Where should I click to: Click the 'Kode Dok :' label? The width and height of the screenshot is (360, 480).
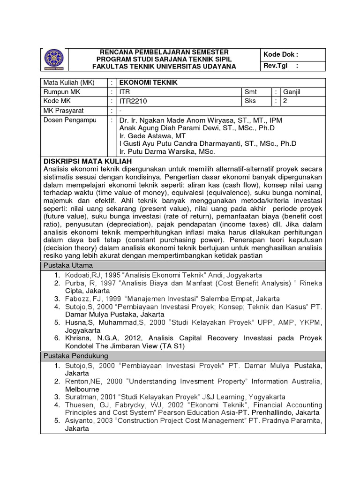click(x=281, y=54)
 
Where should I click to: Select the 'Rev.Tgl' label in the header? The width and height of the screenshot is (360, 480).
click(x=275, y=66)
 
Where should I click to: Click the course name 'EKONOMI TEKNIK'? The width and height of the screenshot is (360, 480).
click(x=142, y=82)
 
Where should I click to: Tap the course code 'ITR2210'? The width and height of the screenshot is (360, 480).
click(x=133, y=101)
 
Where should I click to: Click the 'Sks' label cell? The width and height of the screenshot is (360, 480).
click(x=250, y=101)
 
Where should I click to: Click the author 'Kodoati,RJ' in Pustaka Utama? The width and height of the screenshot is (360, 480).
click(x=82, y=275)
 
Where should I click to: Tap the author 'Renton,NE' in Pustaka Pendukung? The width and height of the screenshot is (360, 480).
click(x=81, y=382)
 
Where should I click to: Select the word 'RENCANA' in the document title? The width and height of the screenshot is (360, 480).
click(x=115, y=52)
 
